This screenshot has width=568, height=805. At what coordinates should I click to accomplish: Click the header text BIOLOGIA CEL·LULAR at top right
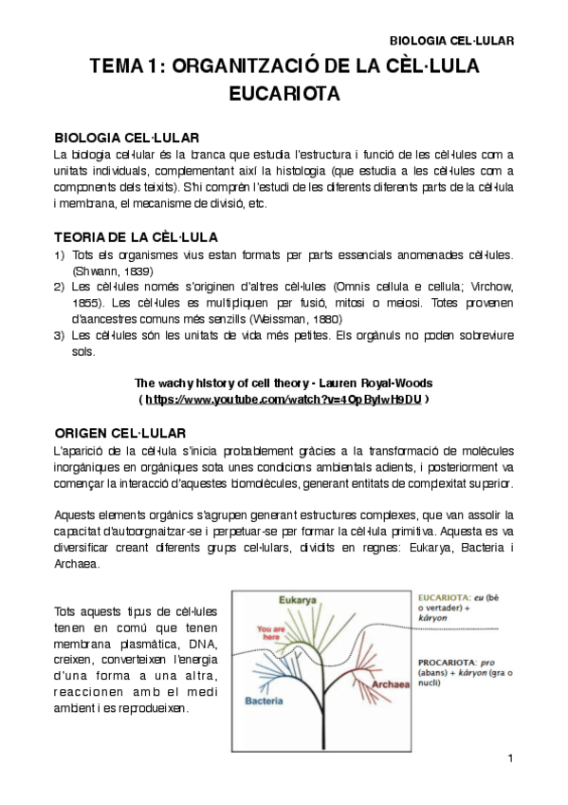click(452, 42)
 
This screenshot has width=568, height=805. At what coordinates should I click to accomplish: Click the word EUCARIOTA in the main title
click(284, 95)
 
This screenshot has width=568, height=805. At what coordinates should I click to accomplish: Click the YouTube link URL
click(284, 400)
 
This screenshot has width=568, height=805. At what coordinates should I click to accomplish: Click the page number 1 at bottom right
click(510, 758)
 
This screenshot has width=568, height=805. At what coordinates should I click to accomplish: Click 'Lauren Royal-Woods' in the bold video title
click(375, 383)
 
